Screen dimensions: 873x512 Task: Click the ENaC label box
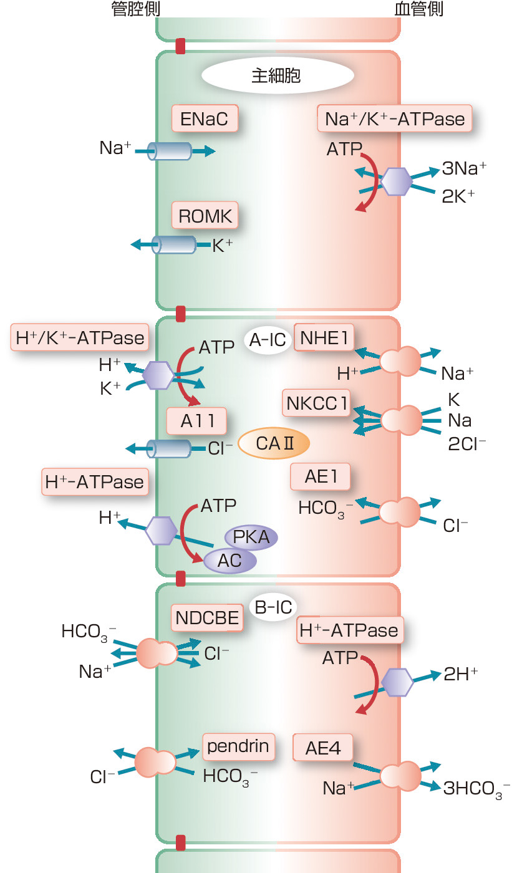tap(205, 118)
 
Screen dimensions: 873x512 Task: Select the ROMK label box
tap(205, 216)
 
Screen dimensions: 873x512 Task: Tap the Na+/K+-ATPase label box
tap(394, 118)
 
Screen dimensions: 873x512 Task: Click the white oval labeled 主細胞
tap(277, 76)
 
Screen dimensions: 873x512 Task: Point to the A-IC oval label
tap(268, 340)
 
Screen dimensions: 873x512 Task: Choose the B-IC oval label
tap(273, 607)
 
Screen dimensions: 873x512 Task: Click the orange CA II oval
tap(274, 443)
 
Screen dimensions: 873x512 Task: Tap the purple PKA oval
tap(251, 537)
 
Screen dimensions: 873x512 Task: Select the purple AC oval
tap(229, 560)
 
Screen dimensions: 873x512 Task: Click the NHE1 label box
tap(323, 339)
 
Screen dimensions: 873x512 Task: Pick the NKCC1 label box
tap(317, 403)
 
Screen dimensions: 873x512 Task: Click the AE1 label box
tap(320, 476)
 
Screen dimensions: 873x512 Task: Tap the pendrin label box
tap(238, 746)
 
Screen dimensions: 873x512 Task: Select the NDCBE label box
tap(207, 617)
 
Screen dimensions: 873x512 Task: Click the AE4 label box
tap(323, 748)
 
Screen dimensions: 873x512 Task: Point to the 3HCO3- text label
tap(476, 788)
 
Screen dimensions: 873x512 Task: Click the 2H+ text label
tap(461, 674)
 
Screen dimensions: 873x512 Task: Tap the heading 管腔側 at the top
tap(135, 9)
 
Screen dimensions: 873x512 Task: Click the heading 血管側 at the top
tap(419, 9)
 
